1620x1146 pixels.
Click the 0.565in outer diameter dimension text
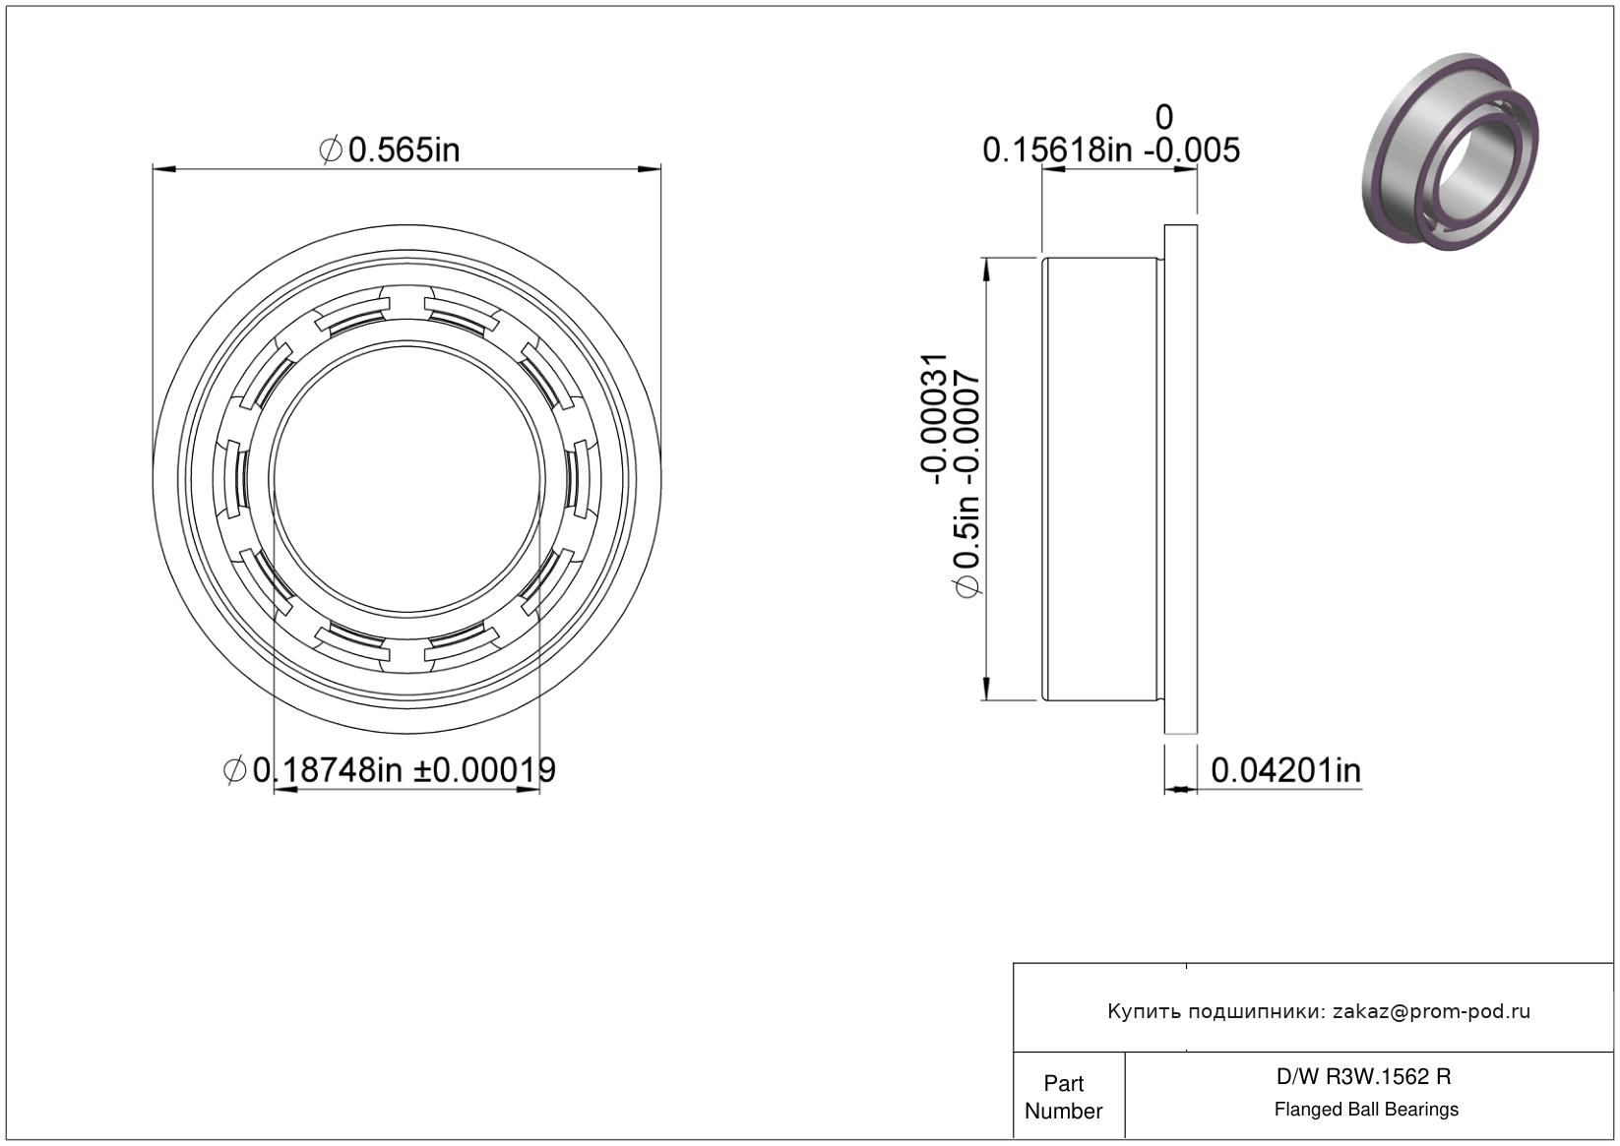[x=404, y=151]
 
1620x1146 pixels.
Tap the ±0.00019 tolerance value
[x=484, y=770]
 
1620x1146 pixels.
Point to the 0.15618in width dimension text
[x=1057, y=151]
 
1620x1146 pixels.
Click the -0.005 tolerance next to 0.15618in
[x=1192, y=151]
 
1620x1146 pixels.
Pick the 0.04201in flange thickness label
[x=1286, y=771]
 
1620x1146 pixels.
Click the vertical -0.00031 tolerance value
[x=934, y=419]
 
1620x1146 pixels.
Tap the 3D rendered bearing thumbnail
[x=1450, y=151]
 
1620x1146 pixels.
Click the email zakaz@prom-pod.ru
[x=1431, y=1011]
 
